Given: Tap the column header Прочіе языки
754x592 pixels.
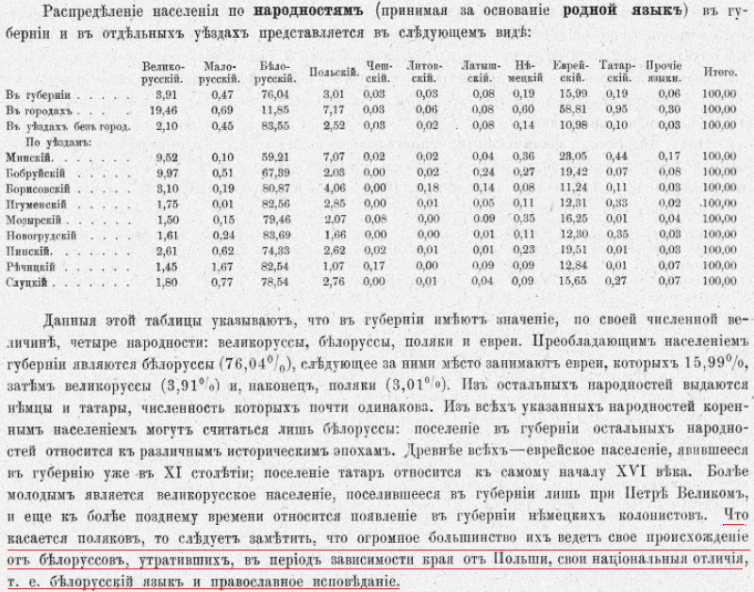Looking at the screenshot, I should (x=664, y=73).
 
